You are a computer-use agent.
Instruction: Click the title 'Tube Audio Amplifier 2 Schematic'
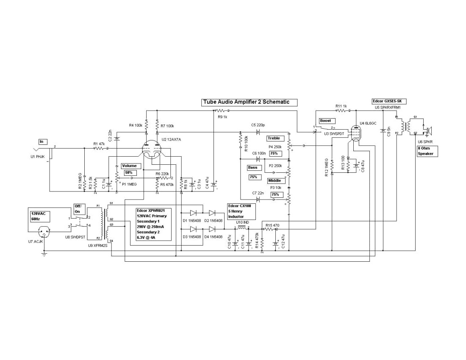(249, 102)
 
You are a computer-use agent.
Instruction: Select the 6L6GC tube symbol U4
(357, 133)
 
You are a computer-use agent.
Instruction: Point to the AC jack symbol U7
(45, 232)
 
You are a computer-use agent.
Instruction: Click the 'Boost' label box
(327, 121)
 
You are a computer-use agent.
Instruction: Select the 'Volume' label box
(129, 166)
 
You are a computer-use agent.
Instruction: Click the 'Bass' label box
(253, 168)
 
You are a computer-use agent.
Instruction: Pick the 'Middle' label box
(274, 181)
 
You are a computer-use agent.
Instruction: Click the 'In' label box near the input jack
(43, 141)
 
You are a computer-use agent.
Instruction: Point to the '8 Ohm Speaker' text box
(426, 151)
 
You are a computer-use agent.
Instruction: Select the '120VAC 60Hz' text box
(37, 216)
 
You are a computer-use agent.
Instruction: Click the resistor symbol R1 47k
(99, 148)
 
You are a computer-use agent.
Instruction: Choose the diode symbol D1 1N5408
(196, 213)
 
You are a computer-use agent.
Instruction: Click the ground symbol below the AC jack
(44, 254)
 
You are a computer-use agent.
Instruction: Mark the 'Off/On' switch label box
(79, 208)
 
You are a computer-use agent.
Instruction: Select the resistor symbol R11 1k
(342, 111)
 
